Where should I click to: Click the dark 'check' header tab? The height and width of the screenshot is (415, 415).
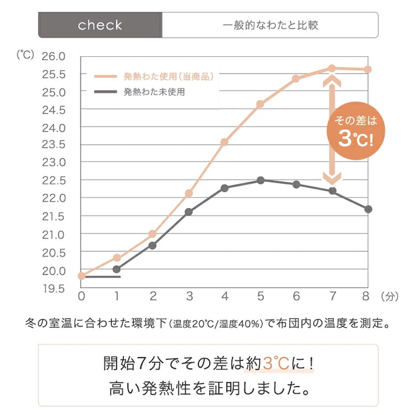100,25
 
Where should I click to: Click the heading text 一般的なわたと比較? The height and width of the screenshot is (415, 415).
270,25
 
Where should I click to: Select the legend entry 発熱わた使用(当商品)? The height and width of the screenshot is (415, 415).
168,76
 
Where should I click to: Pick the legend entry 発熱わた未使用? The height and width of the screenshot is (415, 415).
154,92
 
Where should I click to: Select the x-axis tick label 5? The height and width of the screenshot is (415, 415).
260,295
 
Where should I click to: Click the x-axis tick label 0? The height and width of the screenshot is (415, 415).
81,295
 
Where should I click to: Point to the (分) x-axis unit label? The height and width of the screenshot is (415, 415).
391,295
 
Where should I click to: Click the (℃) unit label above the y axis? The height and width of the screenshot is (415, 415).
25,55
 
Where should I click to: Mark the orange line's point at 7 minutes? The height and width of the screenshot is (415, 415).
332,68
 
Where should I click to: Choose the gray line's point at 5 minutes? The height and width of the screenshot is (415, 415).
260,180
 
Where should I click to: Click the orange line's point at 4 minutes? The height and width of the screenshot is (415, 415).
225,142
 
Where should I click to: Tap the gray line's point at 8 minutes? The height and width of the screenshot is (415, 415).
368,209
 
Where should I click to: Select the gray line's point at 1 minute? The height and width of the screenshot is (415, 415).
117,269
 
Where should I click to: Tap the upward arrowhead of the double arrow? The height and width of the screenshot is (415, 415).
332,81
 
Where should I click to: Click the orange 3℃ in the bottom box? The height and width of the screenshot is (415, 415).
276,363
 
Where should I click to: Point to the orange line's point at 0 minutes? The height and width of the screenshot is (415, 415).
81,276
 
